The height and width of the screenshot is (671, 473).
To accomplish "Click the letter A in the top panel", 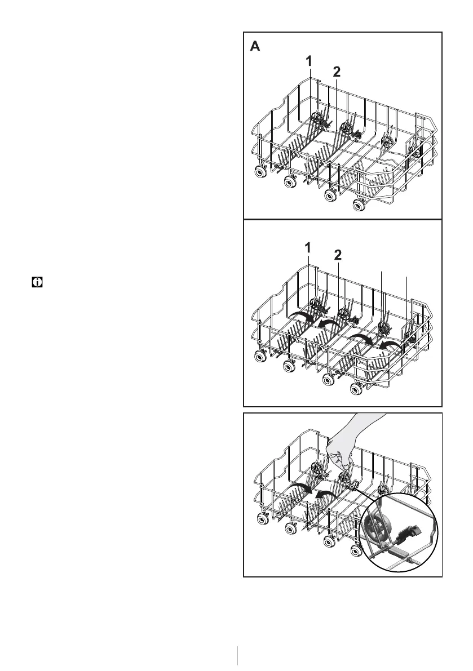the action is (x=255, y=47).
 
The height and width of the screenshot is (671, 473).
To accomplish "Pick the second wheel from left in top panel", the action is (x=290, y=181).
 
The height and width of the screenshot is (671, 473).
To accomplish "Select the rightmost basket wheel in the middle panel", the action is (x=358, y=389).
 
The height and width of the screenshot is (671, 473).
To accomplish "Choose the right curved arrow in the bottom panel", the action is (x=326, y=494).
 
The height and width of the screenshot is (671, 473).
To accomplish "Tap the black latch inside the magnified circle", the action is (x=409, y=529).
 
